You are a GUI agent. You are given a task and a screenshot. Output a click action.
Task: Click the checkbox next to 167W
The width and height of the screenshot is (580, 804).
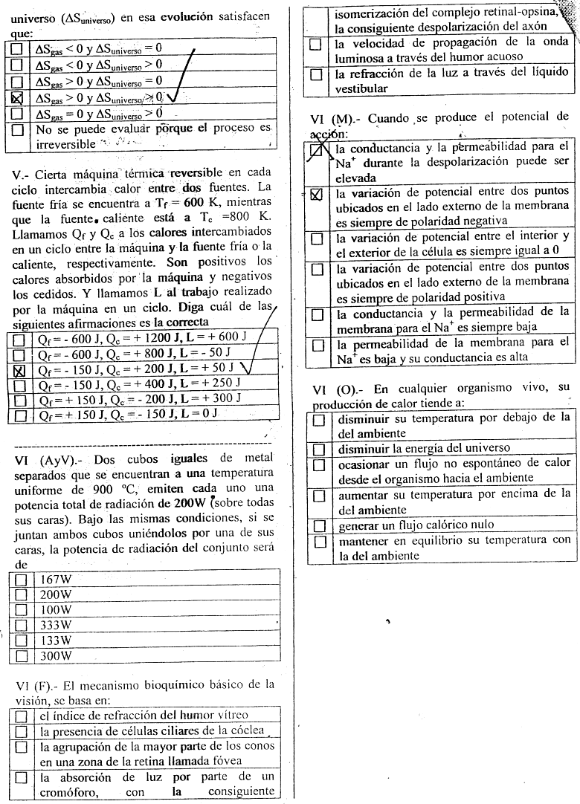[x=21, y=580]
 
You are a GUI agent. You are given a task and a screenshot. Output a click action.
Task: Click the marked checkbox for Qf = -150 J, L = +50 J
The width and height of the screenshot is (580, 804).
[x=20, y=369]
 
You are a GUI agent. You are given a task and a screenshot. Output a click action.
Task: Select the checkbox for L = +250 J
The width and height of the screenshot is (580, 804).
[x=20, y=383]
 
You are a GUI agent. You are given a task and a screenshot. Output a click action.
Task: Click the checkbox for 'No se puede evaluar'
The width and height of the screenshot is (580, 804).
[x=18, y=130]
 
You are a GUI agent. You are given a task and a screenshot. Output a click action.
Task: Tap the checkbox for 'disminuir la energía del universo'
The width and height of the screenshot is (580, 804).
[x=320, y=449]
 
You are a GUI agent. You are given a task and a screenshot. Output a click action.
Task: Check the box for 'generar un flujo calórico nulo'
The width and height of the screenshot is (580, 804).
[x=320, y=525]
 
